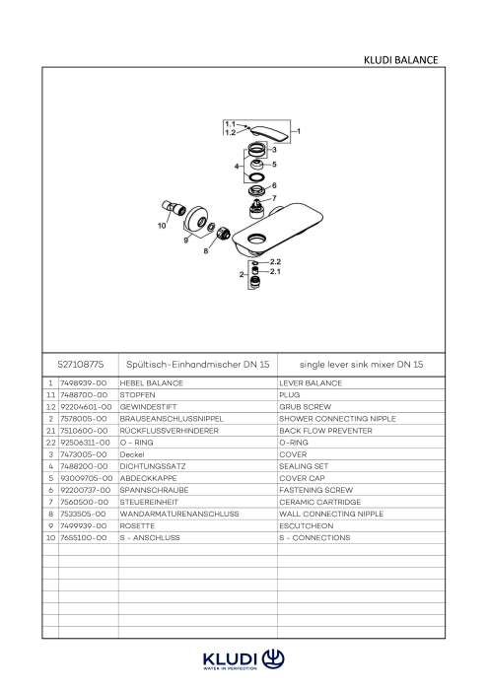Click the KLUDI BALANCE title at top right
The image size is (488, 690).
[x=400, y=60]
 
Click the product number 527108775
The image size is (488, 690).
[x=81, y=365]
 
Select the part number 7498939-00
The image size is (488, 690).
[x=83, y=383]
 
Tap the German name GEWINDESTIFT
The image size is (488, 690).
[x=148, y=407]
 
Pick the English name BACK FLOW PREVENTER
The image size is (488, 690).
[x=325, y=431]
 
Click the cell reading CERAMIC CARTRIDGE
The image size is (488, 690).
[x=319, y=502]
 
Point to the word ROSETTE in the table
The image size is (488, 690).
[x=137, y=525]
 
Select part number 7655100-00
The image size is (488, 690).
[x=83, y=538]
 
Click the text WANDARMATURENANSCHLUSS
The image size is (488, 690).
[x=179, y=514]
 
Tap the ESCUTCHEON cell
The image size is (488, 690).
[x=307, y=525]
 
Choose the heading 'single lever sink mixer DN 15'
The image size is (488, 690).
[x=361, y=365]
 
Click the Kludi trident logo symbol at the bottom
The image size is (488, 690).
[x=273, y=659]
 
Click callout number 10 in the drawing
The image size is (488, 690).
[x=162, y=226]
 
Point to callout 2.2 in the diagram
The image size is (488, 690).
[x=275, y=262]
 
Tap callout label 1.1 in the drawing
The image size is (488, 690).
[x=230, y=124]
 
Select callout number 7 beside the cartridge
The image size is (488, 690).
[x=274, y=198]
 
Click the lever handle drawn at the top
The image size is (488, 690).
[x=270, y=134]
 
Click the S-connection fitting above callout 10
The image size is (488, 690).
[x=174, y=207]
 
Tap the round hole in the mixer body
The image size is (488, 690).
[x=256, y=240]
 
